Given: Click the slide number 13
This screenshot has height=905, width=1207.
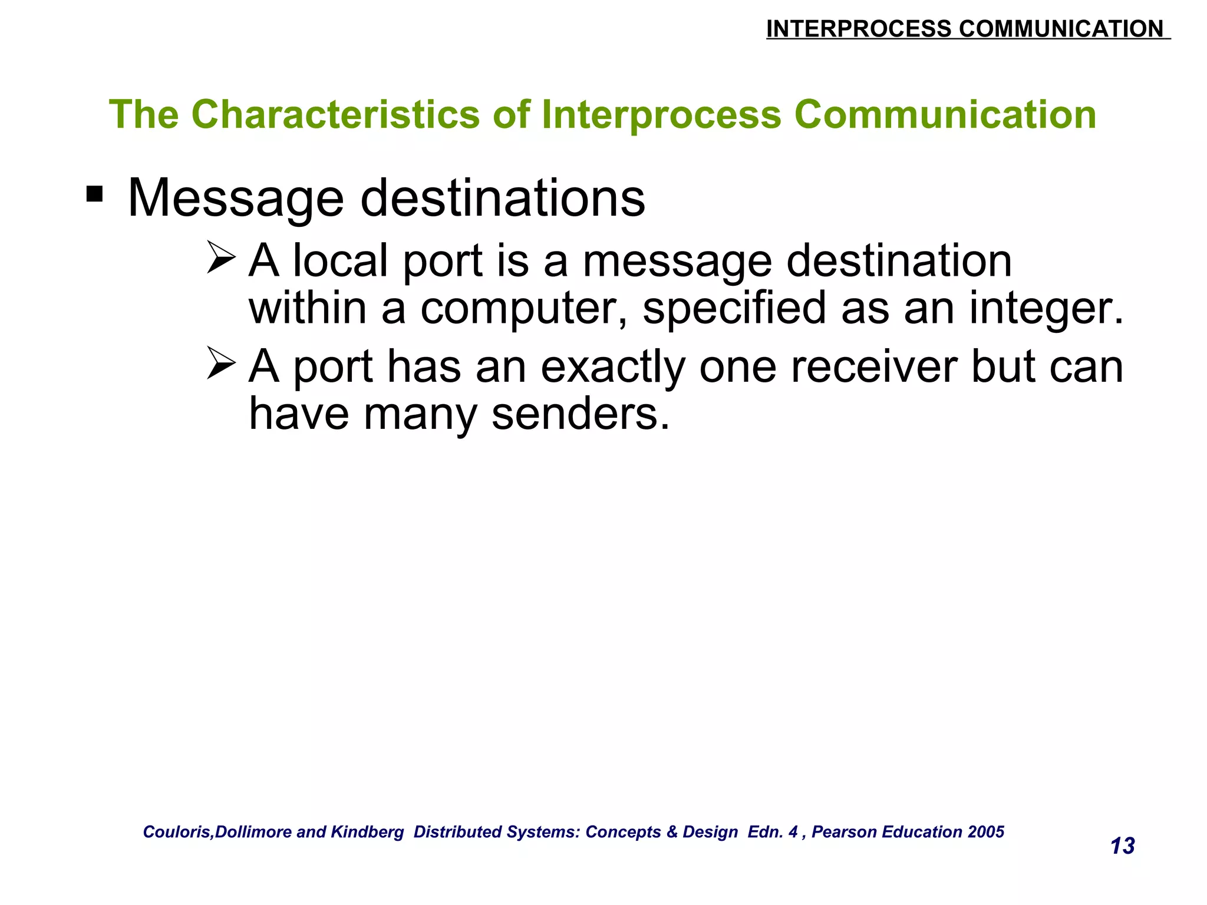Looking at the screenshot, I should (1122, 846).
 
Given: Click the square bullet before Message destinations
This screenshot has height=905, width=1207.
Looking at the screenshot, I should (94, 194).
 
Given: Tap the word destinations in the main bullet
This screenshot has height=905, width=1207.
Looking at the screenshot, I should (503, 199).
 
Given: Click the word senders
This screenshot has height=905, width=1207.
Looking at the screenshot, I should (581, 414).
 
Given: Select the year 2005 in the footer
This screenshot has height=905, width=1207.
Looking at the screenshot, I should (986, 832).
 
